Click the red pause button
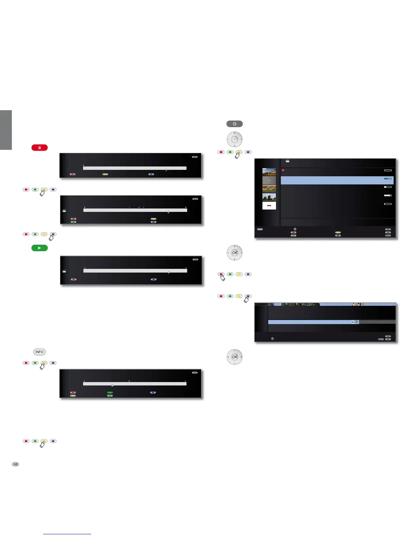[40, 148]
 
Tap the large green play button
[40, 248]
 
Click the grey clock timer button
[234, 124]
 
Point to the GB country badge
[15, 464]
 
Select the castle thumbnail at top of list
[269, 172]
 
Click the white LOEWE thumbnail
[269, 206]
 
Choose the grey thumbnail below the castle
[269, 180]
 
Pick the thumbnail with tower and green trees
[269, 197]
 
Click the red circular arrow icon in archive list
[283, 170]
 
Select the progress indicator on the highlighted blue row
[388, 178]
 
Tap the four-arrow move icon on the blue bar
[356, 322]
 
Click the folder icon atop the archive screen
[288, 161]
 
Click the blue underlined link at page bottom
[67, 534]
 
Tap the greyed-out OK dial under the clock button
[234, 139]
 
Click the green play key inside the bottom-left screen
[110, 393]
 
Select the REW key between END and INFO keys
[388, 233]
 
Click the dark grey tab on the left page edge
[6, 130]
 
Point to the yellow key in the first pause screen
[105, 174]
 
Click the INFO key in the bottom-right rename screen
[381, 339]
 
